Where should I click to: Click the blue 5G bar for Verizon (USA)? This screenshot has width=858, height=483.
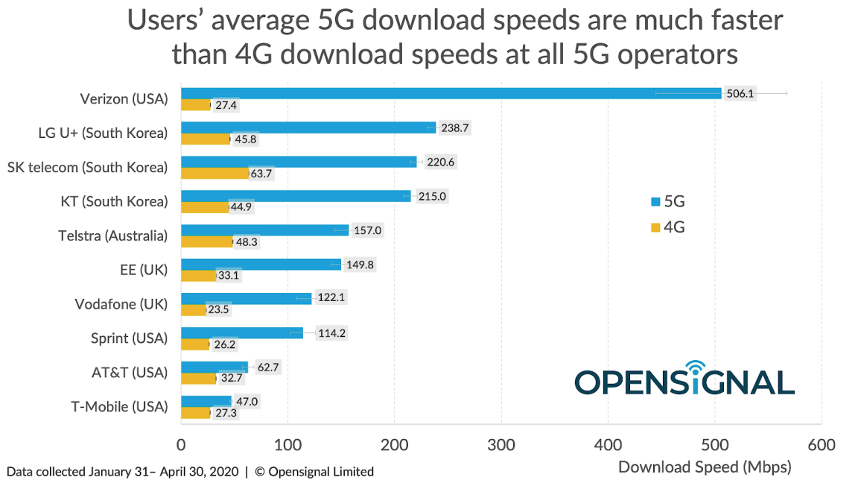pos(451,93)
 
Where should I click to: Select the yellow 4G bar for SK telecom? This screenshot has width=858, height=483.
pos(215,174)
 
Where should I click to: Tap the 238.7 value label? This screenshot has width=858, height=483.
pos(454,127)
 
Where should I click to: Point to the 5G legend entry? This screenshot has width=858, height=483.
pos(668,201)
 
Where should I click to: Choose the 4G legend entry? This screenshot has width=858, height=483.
pos(668,227)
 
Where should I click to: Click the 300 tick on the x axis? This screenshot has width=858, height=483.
pos(501,445)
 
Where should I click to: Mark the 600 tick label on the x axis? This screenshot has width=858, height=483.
pos(821,445)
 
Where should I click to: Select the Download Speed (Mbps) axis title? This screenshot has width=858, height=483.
pos(705,467)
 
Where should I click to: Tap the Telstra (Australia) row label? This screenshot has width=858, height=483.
pos(113,236)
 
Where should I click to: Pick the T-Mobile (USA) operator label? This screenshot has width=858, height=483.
pos(120,407)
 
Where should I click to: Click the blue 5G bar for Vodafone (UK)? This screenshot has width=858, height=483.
pos(246,298)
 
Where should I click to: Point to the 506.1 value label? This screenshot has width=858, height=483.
pos(740,94)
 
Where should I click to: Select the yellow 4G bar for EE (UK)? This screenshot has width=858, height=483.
pos(198,276)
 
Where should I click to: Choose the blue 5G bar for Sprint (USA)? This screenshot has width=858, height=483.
pos(242,332)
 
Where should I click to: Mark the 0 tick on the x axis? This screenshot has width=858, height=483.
pos(181,445)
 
